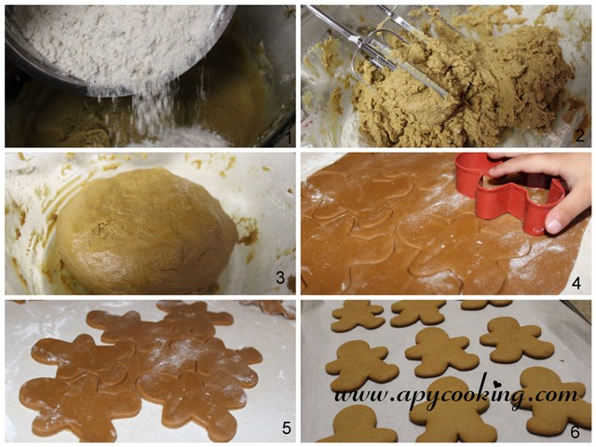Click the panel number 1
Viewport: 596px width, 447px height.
click(x=289, y=137)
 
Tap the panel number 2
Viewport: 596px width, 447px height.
click(x=579, y=137)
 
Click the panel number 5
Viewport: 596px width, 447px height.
click(x=287, y=428)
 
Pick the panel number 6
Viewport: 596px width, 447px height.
click(x=576, y=432)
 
